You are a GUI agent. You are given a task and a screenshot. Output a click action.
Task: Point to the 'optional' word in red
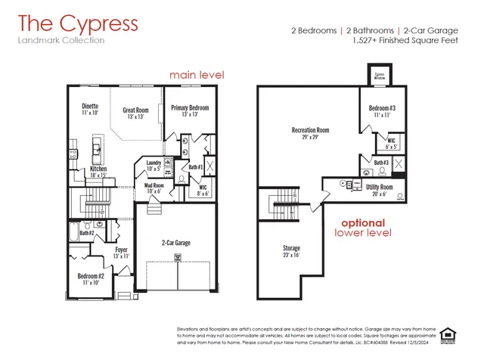coord(363,223)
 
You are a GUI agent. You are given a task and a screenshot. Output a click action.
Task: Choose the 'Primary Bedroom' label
coord(189,108)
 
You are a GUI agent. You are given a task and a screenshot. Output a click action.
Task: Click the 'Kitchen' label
coord(99,169)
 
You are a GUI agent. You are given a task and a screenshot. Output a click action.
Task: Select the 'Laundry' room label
coord(154,163)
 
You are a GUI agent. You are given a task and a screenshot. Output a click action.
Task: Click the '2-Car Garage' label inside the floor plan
coord(175,243)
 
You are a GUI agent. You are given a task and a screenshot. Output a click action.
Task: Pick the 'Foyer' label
coord(120,250)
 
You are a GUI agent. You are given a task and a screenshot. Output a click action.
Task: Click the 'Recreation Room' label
coord(310,130)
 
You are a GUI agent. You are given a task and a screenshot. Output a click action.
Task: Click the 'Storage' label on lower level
coord(291,248)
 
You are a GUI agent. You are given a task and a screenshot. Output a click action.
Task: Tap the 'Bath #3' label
coord(381,163)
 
